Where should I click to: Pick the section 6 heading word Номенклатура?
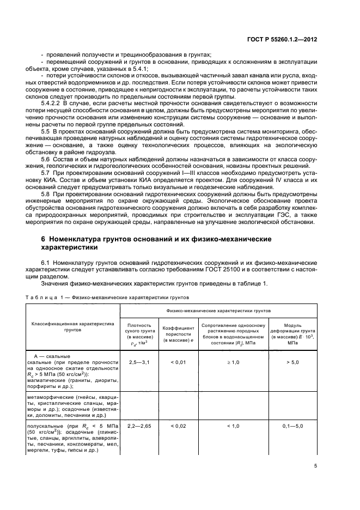point(81,239)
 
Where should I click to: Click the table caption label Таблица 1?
point(44,298)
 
